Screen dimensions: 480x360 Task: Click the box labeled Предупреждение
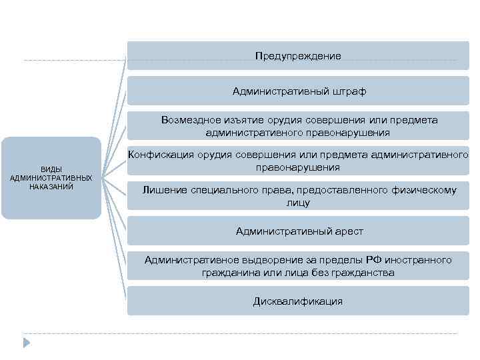coord(298,56)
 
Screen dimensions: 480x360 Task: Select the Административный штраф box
coord(298,91)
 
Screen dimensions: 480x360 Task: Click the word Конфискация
coord(158,155)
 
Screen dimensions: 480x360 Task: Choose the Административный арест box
coord(298,231)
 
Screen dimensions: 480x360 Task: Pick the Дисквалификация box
coord(298,301)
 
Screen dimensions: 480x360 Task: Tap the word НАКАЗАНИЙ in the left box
coord(51,187)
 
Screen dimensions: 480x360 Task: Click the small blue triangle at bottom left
coord(27,343)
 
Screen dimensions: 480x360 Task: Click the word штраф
coord(348,91)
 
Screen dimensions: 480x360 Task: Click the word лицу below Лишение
coord(298,203)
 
